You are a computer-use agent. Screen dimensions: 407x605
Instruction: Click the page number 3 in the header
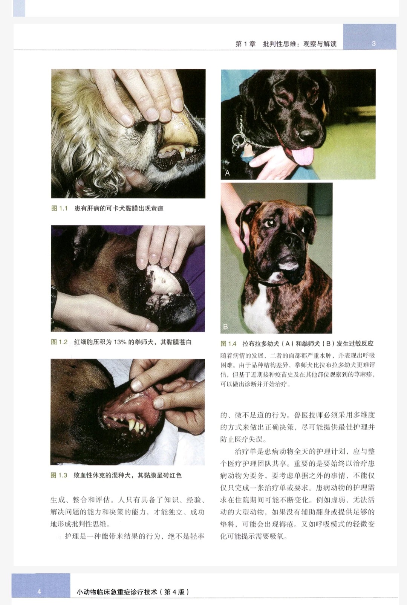(x=374, y=43)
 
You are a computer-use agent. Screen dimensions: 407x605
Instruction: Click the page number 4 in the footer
(x=39, y=592)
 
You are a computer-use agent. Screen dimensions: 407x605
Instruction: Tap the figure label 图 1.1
(x=59, y=208)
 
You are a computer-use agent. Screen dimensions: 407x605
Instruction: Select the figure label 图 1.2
(x=59, y=342)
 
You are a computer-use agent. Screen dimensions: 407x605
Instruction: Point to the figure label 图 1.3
(x=59, y=475)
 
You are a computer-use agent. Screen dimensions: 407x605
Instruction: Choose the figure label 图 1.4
(x=229, y=344)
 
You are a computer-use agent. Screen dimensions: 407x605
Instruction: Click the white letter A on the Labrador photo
(x=227, y=173)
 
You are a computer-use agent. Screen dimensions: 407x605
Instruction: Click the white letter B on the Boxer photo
(x=225, y=327)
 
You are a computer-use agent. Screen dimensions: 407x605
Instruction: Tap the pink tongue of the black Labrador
(x=303, y=156)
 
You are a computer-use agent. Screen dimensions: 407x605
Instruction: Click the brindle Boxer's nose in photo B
(x=291, y=240)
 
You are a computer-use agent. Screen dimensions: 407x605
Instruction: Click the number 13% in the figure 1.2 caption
(x=120, y=342)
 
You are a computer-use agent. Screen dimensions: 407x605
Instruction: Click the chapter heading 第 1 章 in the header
(x=245, y=44)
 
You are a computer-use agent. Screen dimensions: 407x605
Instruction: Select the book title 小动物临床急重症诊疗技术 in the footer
(x=117, y=592)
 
